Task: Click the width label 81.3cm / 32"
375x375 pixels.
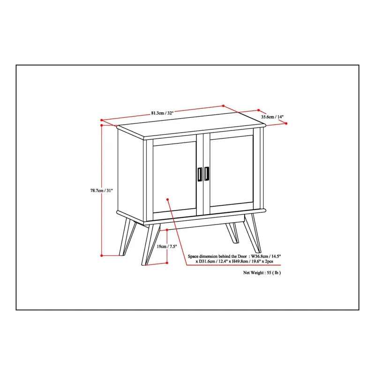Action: (x=162, y=113)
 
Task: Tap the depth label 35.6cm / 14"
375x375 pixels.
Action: (x=272, y=117)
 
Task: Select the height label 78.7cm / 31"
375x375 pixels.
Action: (x=101, y=191)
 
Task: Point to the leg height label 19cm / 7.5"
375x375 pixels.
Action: (x=167, y=247)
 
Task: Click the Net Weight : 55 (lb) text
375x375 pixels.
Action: (x=262, y=273)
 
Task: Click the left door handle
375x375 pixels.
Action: (x=200, y=174)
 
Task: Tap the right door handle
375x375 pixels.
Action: (x=207, y=173)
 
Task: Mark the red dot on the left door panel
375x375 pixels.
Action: (x=168, y=200)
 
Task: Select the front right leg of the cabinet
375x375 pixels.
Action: (x=252, y=233)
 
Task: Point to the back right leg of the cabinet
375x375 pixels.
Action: (x=232, y=232)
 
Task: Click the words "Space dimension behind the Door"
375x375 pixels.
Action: (x=217, y=256)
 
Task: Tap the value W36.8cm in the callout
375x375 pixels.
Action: (x=260, y=256)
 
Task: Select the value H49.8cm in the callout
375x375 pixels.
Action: (x=239, y=262)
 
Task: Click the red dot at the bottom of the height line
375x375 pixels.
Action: (x=102, y=255)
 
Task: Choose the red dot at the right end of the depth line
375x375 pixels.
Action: (x=286, y=123)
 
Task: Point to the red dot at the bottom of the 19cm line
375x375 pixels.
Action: (x=167, y=263)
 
